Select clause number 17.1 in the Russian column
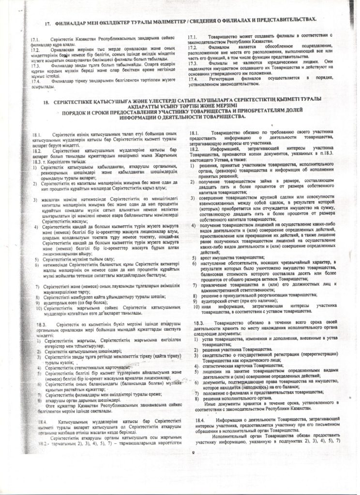192,37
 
